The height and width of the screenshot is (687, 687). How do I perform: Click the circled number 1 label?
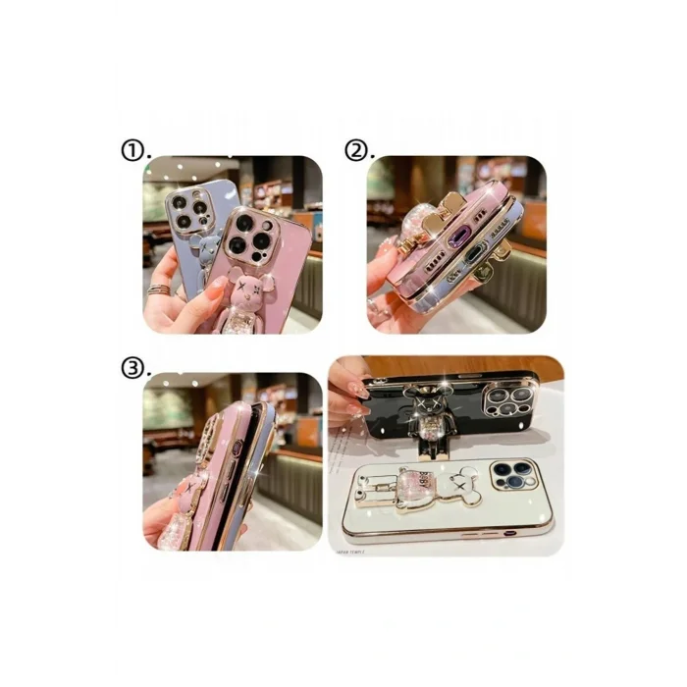(x=133, y=150)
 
